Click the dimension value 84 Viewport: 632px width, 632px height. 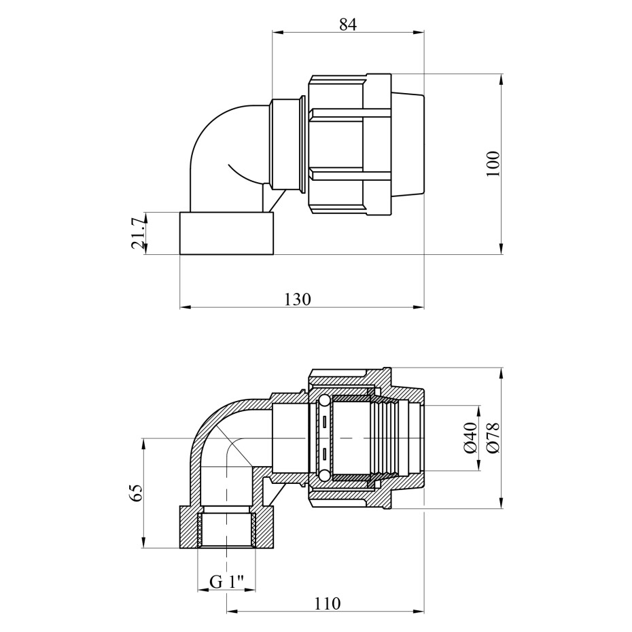(348, 24)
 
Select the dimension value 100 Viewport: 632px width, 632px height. (493, 163)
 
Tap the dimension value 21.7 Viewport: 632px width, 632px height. (138, 233)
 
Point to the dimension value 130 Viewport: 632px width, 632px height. (298, 300)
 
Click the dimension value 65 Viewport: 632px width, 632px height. (137, 493)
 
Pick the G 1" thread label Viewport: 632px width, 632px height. (227, 582)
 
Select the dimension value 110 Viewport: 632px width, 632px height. (327, 603)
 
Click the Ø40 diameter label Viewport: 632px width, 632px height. (471, 438)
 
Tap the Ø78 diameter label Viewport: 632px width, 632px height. (493, 438)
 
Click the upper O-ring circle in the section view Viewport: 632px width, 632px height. (324, 401)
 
